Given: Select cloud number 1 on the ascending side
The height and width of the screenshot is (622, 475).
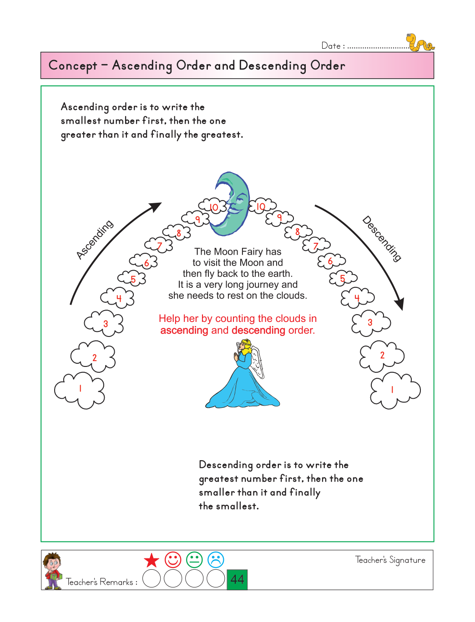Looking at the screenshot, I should point(80,391).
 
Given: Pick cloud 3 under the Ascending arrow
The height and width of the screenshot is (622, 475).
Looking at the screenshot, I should point(104,323).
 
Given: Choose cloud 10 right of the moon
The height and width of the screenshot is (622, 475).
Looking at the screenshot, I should point(262,206).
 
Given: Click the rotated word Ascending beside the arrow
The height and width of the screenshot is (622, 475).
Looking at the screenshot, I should point(95,240).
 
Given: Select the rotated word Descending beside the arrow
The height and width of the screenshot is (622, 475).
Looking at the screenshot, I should point(382,239).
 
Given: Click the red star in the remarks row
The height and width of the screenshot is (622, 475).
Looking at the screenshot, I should point(152,560).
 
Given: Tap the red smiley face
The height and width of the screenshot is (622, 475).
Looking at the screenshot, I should point(173,560).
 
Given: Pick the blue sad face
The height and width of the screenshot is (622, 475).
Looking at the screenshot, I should point(216,560).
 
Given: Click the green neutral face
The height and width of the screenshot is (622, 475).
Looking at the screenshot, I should point(194,560).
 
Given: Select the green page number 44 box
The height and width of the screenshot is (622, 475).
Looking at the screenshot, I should point(237,579).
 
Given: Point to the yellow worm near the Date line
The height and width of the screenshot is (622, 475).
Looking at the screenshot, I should point(419,43).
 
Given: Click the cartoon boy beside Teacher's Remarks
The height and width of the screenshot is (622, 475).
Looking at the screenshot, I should point(53,571).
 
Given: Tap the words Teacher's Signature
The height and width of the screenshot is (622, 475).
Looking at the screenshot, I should point(390,560).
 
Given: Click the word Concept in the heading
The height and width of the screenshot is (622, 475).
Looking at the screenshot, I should point(73,66).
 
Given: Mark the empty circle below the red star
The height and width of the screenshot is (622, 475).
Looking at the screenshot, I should point(152,579).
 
